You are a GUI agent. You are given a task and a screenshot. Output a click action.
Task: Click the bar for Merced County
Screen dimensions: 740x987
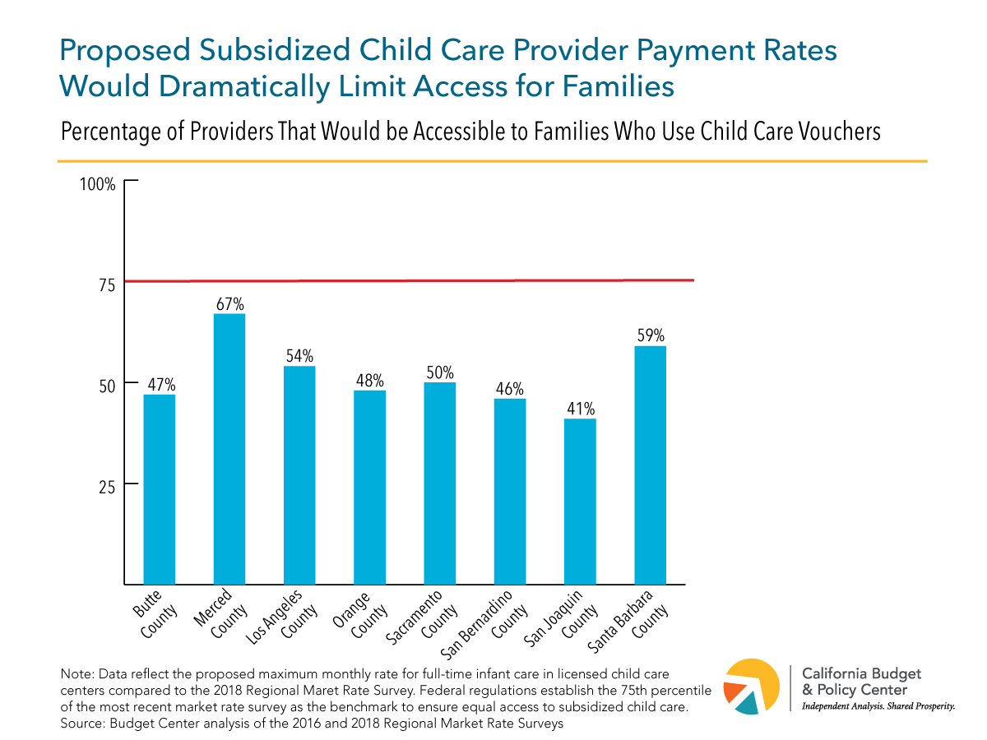[x=229, y=448]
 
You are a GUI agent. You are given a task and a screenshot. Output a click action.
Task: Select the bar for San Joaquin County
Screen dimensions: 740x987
[x=580, y=502]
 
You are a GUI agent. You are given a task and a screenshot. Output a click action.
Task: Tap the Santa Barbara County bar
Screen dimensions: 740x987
[x=650, y=465]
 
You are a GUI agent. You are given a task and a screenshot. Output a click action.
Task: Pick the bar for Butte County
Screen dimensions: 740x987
[x=160, y=489]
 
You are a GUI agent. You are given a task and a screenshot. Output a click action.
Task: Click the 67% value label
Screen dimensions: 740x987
[x=229, y=303]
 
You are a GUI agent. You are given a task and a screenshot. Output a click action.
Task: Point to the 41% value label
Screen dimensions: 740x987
[x=580, y=409]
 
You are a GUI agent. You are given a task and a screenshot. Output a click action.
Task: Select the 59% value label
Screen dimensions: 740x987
[x=650, y=335]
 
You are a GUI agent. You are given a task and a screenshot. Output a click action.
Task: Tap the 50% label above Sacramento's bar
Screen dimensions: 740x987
[x=440, y=372]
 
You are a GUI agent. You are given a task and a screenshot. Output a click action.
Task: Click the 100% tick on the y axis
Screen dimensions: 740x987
[x=97, y=183]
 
